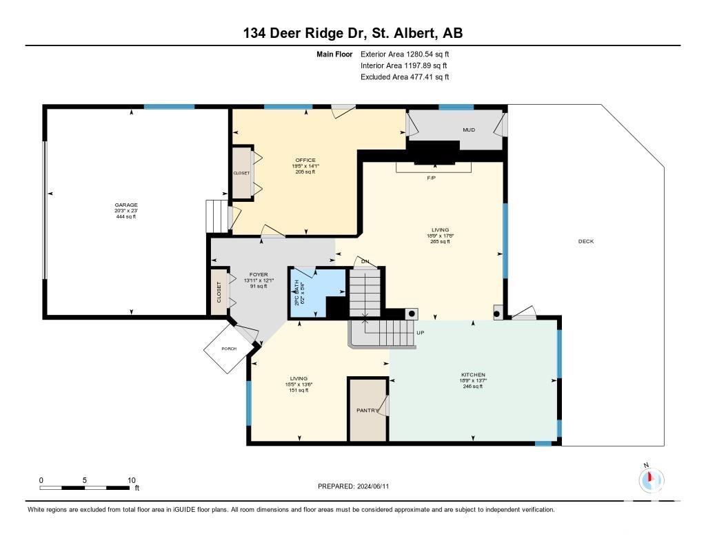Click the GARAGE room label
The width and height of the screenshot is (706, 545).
click(x=126, y=205)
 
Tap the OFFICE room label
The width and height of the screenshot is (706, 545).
click(x=305, y=161)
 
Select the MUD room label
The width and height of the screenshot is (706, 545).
click(x=469, y=130)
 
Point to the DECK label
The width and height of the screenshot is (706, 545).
click(x=586, y=241)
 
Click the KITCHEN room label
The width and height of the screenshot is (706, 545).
click(x=473, y=374)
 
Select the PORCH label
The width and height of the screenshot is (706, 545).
click(x=229, y=349)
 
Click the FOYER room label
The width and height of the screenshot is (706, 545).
click(x=259, y=274)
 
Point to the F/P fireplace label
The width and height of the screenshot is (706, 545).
click(x=432, y=178)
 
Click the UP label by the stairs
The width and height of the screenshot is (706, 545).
click(x=421, y=333)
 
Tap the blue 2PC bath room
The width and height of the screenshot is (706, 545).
click(x=311, y=288)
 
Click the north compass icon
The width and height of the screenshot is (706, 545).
click(x=651, y=480)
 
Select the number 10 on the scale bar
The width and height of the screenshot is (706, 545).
click(x=132, y=480)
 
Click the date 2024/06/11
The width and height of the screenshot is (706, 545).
click(x=373, y=486)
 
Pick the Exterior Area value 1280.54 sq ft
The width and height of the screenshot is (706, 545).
click(x=427, y=54)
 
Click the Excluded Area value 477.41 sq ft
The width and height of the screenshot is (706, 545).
click(x=429, y=77)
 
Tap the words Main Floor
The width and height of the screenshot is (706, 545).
click(x=334, y=54)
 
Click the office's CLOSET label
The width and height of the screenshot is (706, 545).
click(x=241, y=173)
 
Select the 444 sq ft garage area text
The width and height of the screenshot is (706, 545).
click(x=126, y=216)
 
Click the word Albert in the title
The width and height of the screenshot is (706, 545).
click(x=414, y=33)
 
